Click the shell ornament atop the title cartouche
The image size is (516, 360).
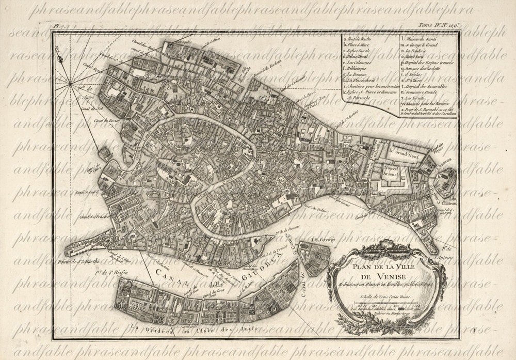pos(386,250)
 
